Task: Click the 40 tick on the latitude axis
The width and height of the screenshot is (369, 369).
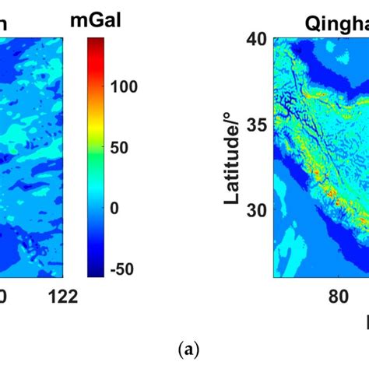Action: pyautogui.click(x=258, y=38)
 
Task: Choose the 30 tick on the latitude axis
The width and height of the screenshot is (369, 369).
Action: pyautogui.click(x=258, y=209)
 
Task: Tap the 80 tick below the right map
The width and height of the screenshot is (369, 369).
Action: pyautogui.click(x=339, y=297)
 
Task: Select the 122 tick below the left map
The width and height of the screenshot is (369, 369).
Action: pyautogui.click(x=62, y=297)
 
